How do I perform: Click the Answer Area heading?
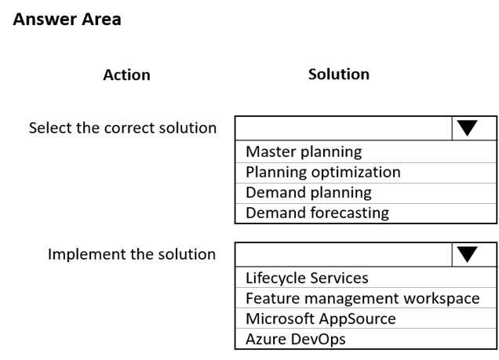click(x=67, y=19)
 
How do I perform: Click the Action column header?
click(x=126, y=75)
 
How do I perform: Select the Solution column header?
click(x=339, y=74)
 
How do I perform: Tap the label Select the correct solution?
click(x=123, y=128)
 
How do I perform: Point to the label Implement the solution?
click(x=132, y=254)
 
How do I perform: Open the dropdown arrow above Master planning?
click(x=467, y=128)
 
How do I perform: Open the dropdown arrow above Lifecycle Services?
click(x=467, y=254)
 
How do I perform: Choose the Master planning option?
click(x=304, y=151)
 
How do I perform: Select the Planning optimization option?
click(x=323, y=172)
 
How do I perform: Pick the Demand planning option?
click(x=308, y=192)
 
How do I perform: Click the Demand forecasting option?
click(x=317, y=213)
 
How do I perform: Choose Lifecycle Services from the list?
click(x=307, y=278)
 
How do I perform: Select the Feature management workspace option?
click(x=362, y=298)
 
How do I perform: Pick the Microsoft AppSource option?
click(x=321, y=318)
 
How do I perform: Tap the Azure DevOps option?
click(x=296, y=339)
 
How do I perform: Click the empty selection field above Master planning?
click(x=344, y=128)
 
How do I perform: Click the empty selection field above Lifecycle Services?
click(x=344, y=254)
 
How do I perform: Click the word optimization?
click(x=355, y=173)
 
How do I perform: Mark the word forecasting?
click(x=350, y=213)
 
